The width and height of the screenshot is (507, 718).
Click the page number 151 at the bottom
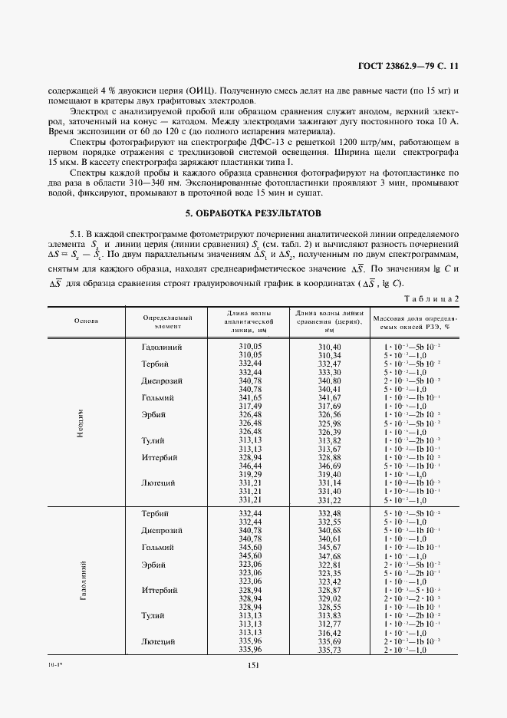coord(253,666)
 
